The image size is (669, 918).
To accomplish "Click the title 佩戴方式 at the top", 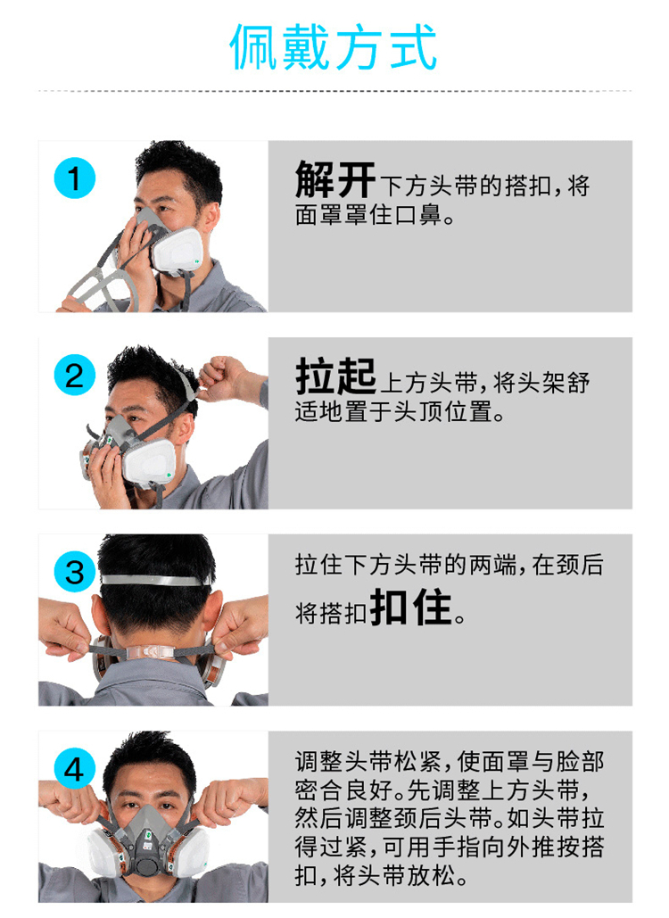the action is coord(333,47).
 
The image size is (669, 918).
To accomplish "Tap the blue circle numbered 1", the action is coord(74,178).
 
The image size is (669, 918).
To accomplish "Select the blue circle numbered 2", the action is coord(74,375).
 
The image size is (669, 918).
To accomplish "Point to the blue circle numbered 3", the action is coord(74,572).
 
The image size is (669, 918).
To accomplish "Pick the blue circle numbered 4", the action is coord(74,769).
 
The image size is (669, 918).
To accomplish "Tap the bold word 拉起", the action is coord(334,376).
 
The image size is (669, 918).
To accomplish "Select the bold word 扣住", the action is coord(411,608).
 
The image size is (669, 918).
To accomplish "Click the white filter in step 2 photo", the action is coord(150,462).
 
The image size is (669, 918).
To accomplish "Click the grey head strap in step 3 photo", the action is coord(156,580).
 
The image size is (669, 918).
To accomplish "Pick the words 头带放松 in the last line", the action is coord(405,875).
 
